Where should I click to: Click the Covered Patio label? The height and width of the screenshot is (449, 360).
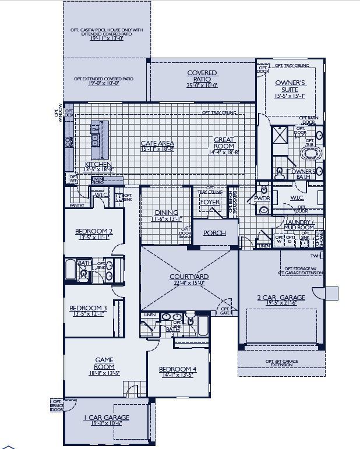[x=202, y=76]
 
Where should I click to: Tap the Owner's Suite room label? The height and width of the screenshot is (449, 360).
[x=290, y=86]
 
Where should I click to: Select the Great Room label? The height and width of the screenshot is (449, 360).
[x=224, y=143]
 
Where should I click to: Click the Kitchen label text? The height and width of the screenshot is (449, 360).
[x=98, y=165]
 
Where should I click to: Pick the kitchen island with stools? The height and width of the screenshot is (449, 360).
[x=97, y=136]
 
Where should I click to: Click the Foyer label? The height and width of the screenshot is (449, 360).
[x=210, y=202]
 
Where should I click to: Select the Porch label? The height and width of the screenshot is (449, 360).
[x=214, y=233]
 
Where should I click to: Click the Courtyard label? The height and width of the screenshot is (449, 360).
[x=189, y=277]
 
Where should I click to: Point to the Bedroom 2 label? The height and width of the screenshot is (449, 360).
[x=94, y=231]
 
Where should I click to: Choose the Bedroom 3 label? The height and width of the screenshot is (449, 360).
[x=88, y=308]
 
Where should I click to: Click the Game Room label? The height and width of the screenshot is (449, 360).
[x=104, y=363]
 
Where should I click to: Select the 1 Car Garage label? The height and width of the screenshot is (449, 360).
[x=107, y=418]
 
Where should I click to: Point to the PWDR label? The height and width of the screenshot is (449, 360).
[x=262, y=198]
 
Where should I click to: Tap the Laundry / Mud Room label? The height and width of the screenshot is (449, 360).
[x=299, y=225]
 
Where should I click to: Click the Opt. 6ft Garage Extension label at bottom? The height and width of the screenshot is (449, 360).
[x=281, y=363]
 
